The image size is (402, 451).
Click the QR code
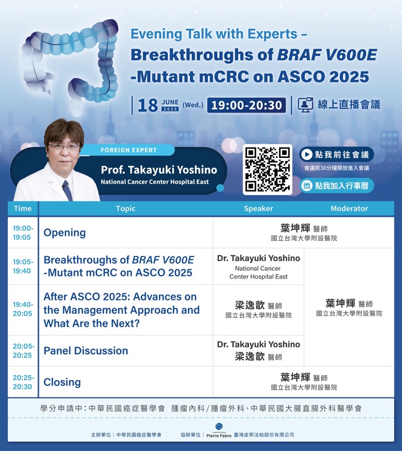pyautogui.click(x=268, y=170)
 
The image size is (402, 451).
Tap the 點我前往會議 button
pyautogui.click(x=337, y=155)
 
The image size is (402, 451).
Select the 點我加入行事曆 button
pyautogui.click(x=337, y=186)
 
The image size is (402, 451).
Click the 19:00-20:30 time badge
pyautogui.click(x=246, y=105)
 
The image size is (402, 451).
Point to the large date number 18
pyautogui.click(x=148, y=105)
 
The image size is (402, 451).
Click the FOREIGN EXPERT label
pyautogui.click(x=129, y=150)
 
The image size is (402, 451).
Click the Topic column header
pyautogui.click(x=126, y=208)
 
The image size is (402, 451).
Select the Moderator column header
pyautogui.click(x=349, y=208)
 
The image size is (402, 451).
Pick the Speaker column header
pyautogui.click(x=258, y=208)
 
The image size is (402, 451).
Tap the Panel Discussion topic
pyautogui.click(x=86, y=351)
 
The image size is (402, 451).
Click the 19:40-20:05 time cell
pyautogui.click(x=23, y=309)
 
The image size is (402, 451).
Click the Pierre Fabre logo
pyautogui.click(x=219, y=431)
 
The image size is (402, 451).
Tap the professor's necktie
pyautogui.click(x=67, y=190)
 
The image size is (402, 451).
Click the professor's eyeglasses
pyautogui.click(x=64, y=147)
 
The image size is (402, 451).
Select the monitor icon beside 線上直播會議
pyautogui.click(x=305, y=105)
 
